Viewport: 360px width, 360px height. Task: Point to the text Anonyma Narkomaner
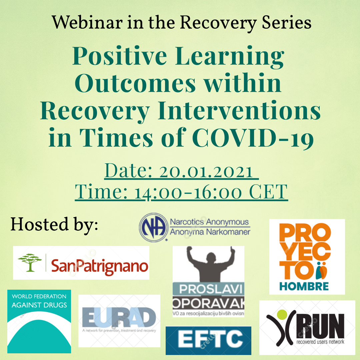[x=210, y=232]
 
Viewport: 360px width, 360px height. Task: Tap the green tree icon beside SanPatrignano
[x=30, y=262]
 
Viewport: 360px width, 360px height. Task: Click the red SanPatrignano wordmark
[x=100, y=266]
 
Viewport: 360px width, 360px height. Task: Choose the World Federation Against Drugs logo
[x=39, y=321]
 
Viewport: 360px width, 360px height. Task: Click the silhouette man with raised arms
[x=208, y=267]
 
